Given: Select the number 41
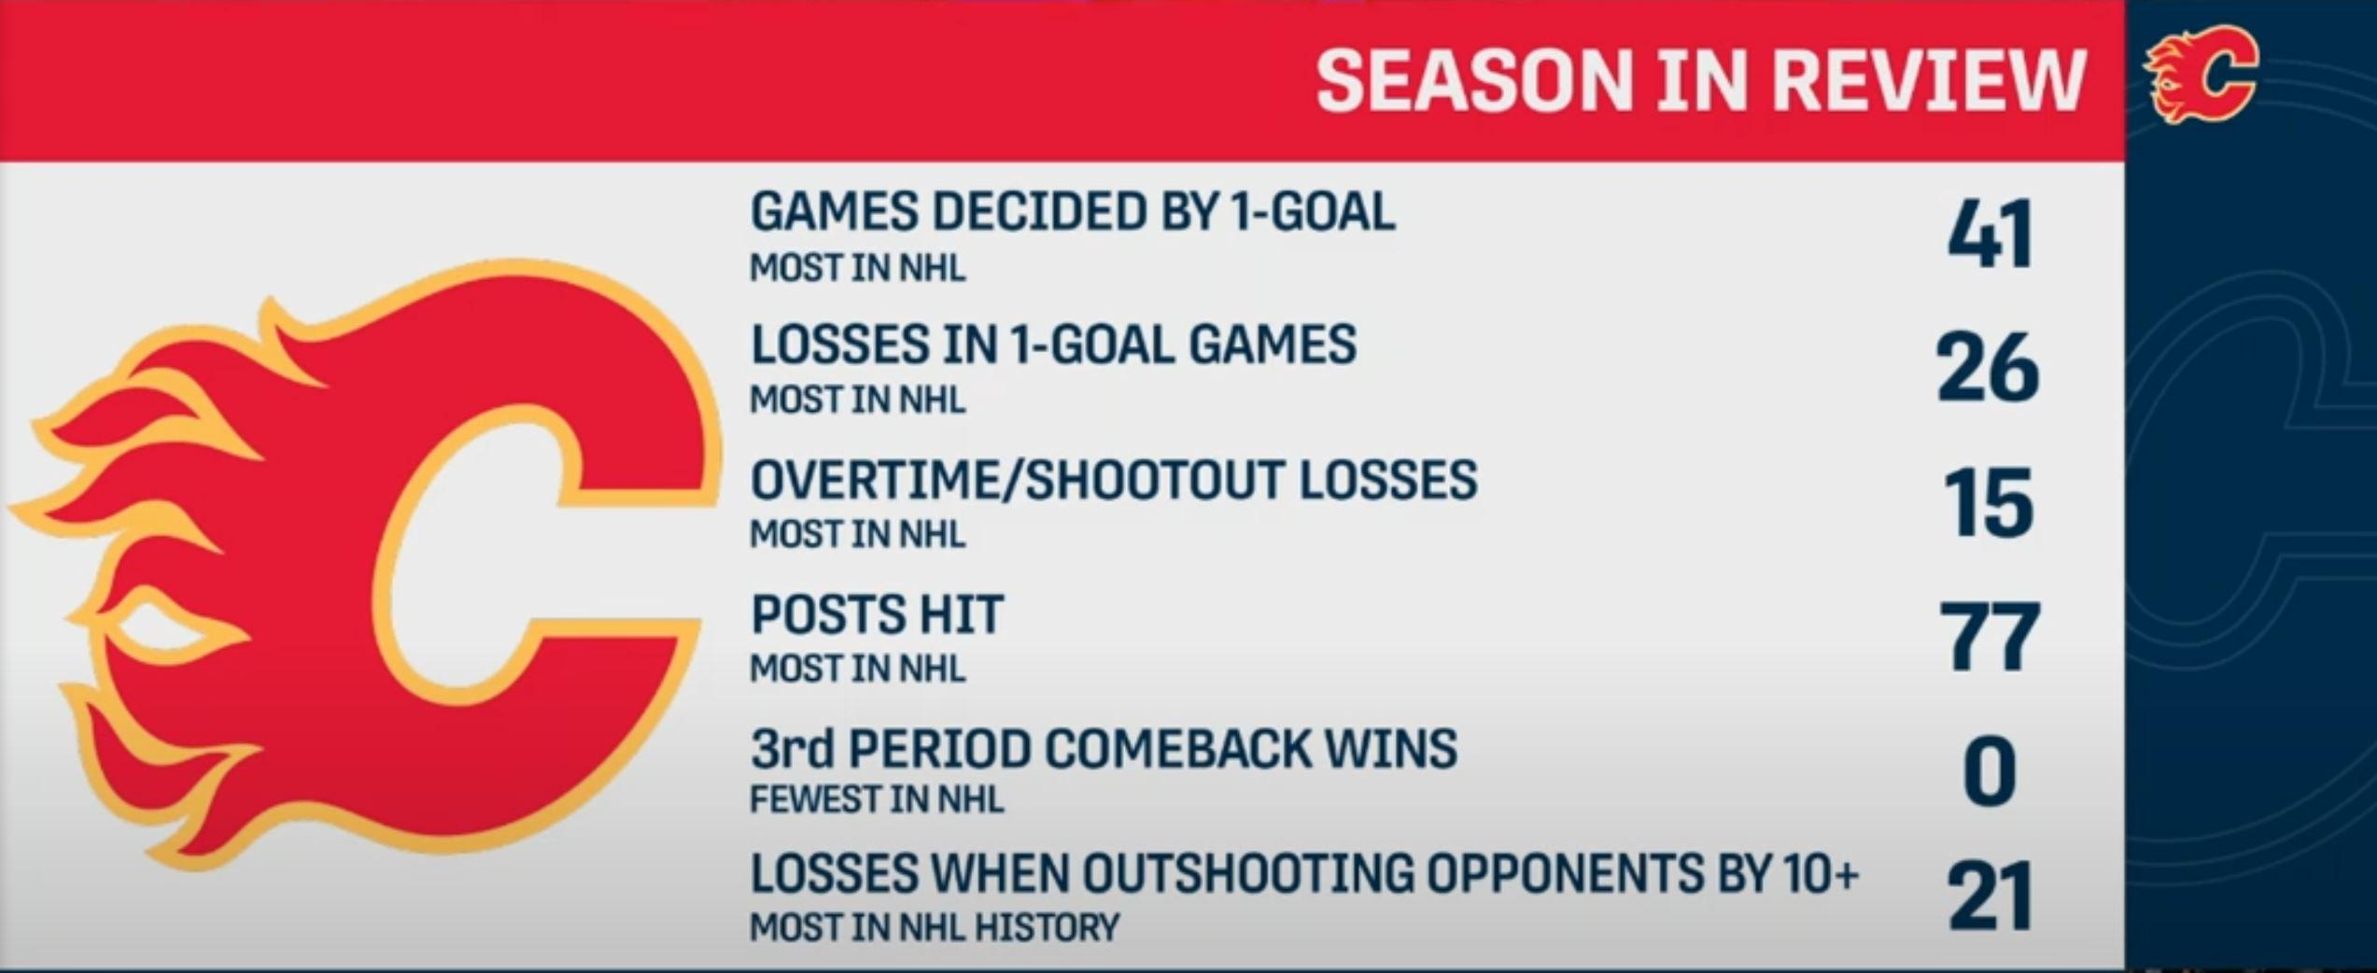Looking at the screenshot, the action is [1990, 235].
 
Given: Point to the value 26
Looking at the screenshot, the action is [1989, 369].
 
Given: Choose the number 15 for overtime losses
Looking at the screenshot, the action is [1990, 504].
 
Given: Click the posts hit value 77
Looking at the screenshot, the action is [1990, 638].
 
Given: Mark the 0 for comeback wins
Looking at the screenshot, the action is [1990, 772].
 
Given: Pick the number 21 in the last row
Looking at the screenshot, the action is [1990, 896].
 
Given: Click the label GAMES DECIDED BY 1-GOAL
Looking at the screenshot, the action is [1073, 212].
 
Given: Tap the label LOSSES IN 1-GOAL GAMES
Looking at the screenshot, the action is [1054, 345].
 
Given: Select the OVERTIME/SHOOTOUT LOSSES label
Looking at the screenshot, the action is [1115, 480].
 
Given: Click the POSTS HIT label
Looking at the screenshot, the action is [878, 614].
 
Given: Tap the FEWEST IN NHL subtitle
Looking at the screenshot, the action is [878, 800].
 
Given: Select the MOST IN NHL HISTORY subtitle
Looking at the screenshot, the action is [935, 928].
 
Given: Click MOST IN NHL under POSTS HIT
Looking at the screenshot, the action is [858, 669].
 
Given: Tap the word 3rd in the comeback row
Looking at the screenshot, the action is [794, 749].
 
